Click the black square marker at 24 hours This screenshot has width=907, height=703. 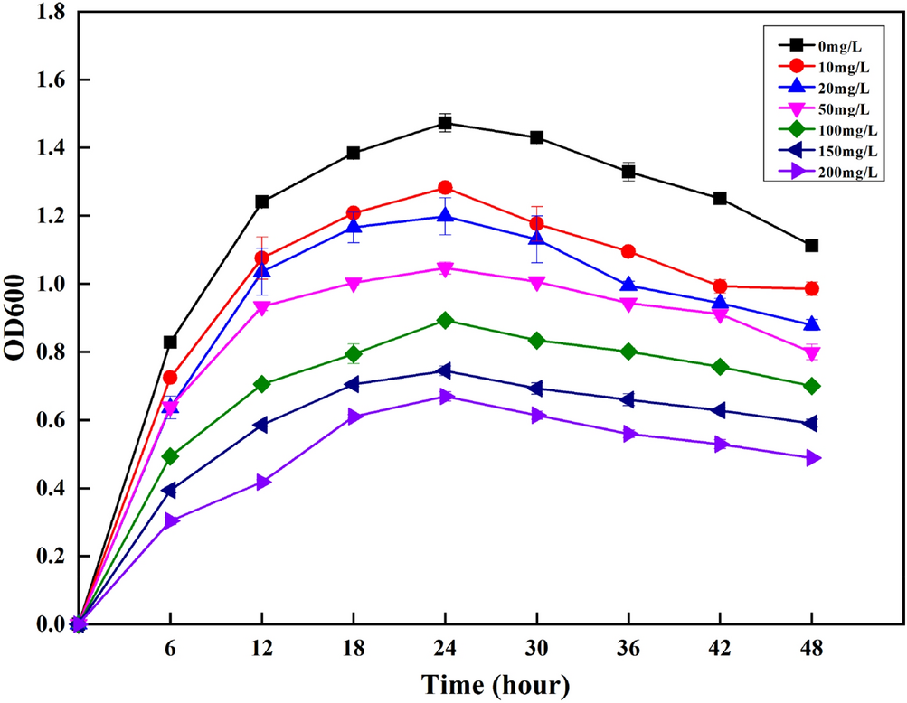(445, 123)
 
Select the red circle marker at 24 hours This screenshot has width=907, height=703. (445, 188)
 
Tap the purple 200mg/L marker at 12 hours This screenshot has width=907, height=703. (262, 483)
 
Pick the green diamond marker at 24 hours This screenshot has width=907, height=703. (445, 321)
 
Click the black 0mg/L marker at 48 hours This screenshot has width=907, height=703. (811, 246)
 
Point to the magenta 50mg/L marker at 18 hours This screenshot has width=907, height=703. (354, 284)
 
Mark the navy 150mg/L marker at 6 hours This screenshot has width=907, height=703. (169, 491)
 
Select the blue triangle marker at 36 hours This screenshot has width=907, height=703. (628, 285)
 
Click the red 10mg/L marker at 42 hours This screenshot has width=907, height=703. (720, 286)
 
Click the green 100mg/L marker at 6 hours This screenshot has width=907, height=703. (169, 457)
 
